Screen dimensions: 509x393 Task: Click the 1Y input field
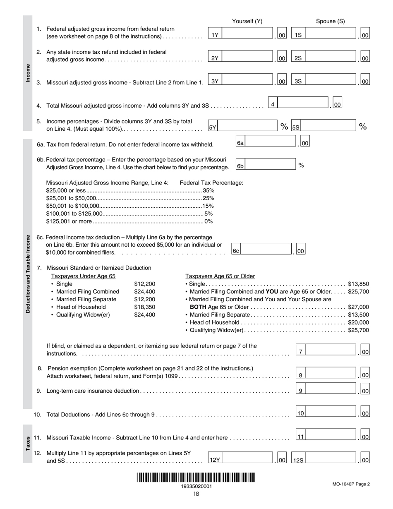246,35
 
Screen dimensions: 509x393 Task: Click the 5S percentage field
327,127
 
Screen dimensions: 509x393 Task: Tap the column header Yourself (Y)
247,22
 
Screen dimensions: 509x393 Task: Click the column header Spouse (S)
330,22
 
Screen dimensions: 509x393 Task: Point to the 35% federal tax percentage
208,190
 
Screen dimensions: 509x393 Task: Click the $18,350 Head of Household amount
144,307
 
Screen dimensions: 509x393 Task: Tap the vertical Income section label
28,73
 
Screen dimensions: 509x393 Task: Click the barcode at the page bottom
196,478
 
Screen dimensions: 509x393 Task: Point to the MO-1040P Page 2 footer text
350,484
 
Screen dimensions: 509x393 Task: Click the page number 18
196,494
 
